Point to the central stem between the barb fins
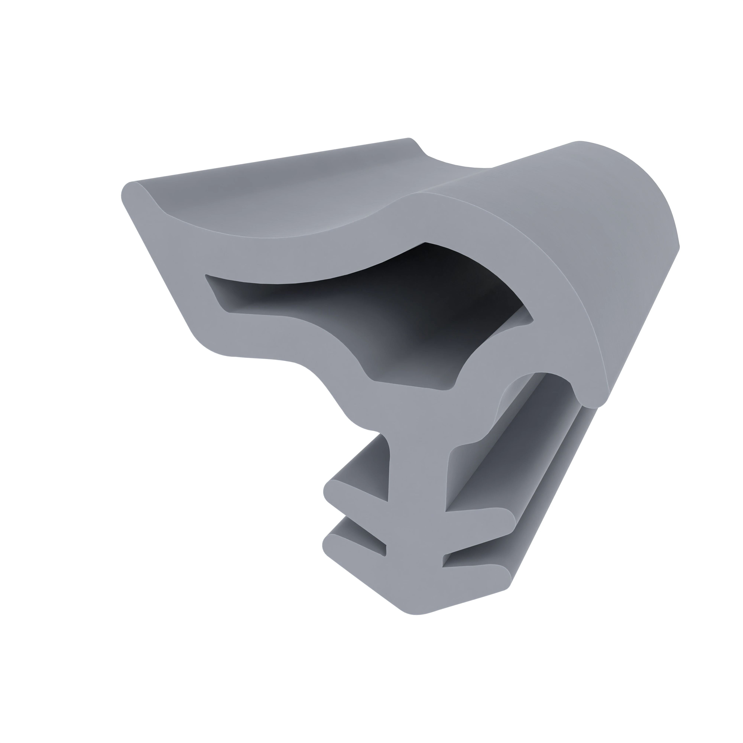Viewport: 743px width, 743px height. pos(415,519)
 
